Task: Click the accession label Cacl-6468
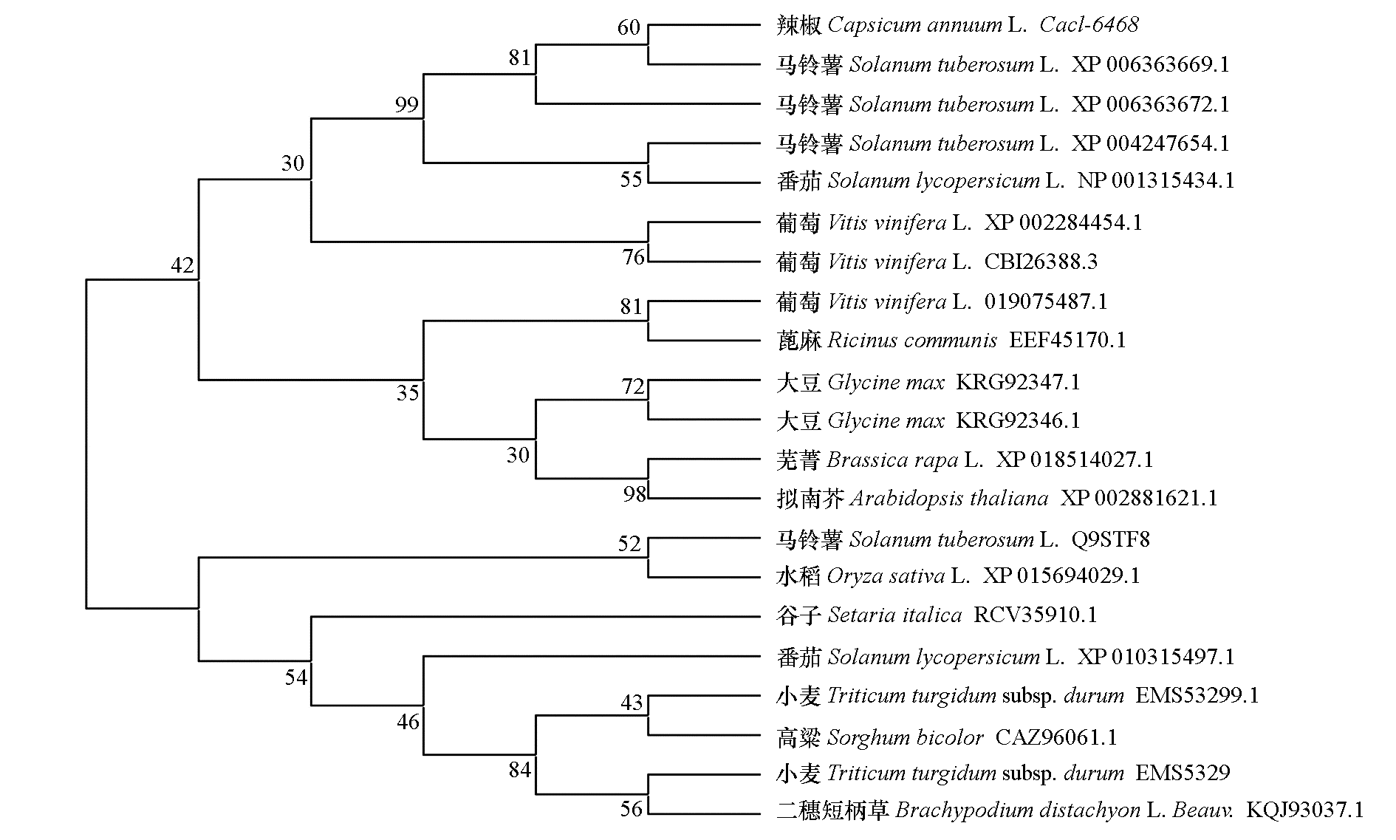point(1089,25)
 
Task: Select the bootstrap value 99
point(407,105)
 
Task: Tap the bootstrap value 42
point(182,265)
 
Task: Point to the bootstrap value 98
point(634,494)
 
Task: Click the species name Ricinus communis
point(912,341)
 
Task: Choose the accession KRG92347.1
point(1018,383)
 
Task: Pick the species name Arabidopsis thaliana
point(949,499)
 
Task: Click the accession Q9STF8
point(1110,540)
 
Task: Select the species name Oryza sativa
point(886,576)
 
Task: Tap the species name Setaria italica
point(894,615)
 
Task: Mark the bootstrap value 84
point(520,771)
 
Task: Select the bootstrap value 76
point(634,257)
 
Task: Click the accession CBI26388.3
point(1041,262)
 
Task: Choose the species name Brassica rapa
point(892,460)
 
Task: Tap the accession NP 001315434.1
point(1156,181)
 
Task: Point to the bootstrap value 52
point(629,544)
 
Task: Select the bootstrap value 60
point(629,28)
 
